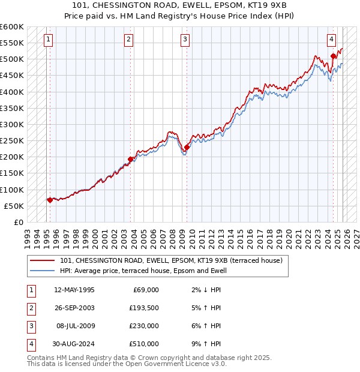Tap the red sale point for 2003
click(x=130, y=159)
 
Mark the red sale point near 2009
click(x=187, y=147)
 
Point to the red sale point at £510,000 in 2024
click(x=333, y=56)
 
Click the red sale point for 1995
click(x=50, y=200)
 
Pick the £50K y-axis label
click(x=14, y=206)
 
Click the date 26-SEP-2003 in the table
click(x=74, y=308)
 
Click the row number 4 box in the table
click(x=30, y=344)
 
